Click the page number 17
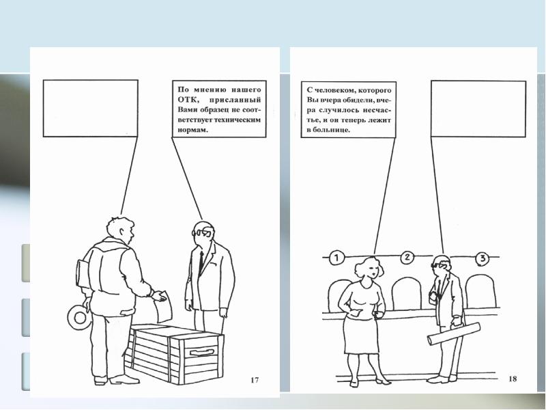point(255,380)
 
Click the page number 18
point(513,379)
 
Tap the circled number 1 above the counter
point(336,258)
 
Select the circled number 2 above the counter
point(407,258)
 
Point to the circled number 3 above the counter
point(483,258)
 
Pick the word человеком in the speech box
point(333,90)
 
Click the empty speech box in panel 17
point(91,108)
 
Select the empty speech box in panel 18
point(478,109)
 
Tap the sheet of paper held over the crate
point(164,307)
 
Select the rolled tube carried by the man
point(454,333)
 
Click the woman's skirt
point(361,335)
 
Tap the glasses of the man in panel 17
point(201,232)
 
